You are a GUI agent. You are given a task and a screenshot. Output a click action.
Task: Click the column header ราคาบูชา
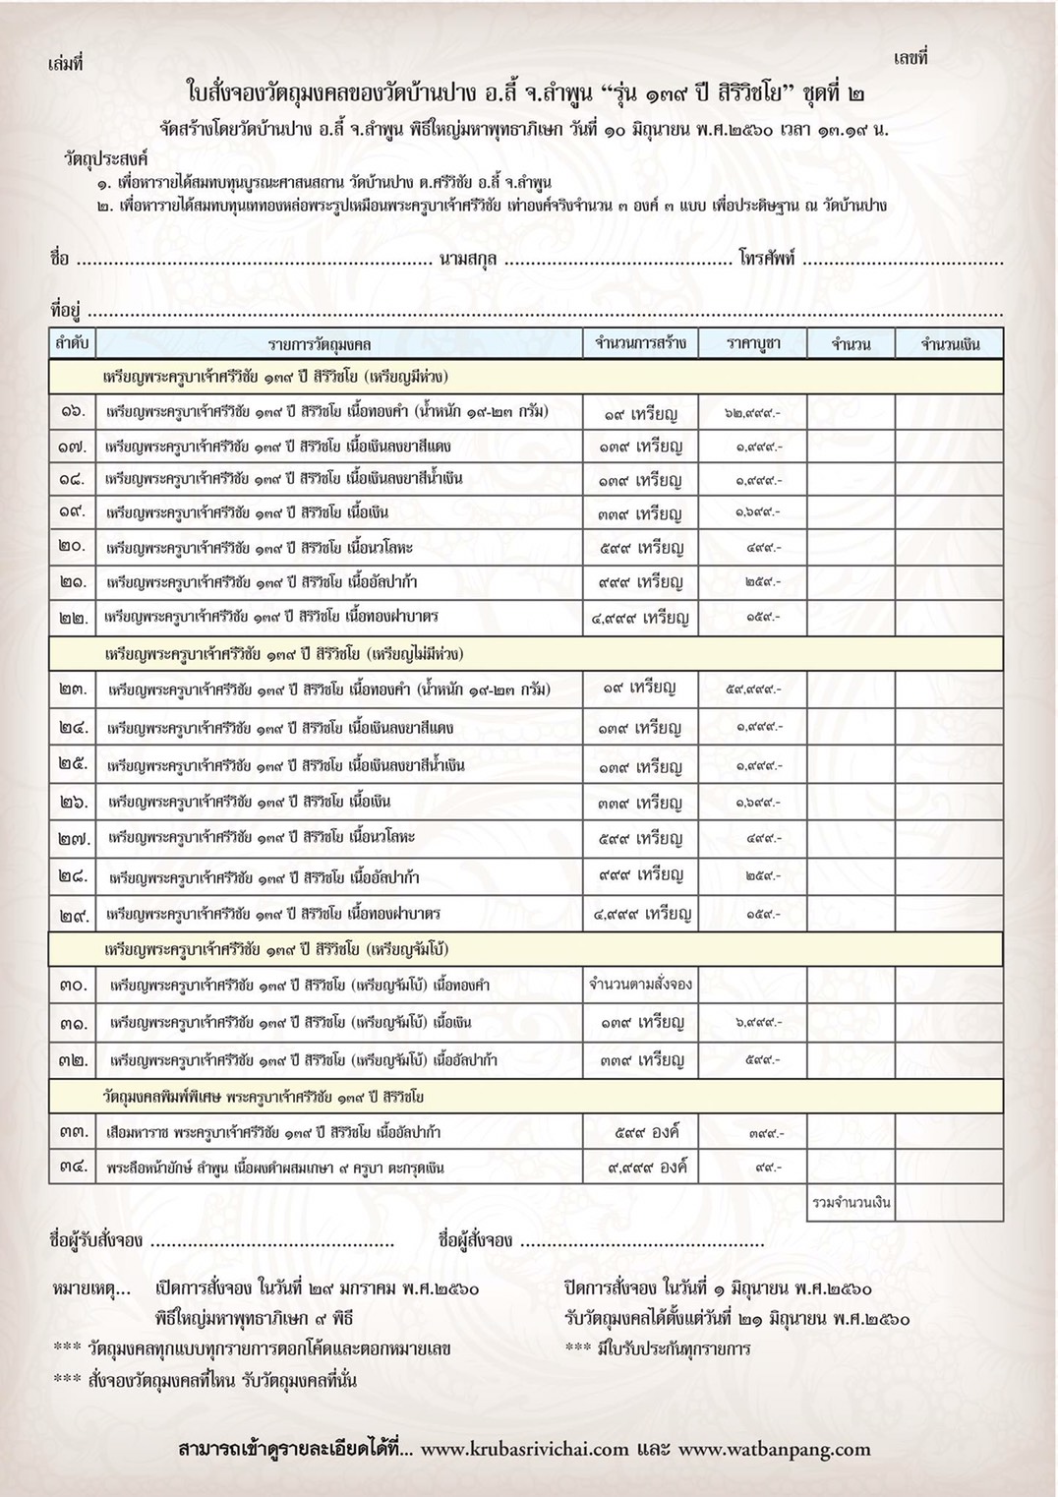coord(753,343)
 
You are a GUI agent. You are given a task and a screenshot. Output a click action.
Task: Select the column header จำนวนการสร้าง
coord(640,343)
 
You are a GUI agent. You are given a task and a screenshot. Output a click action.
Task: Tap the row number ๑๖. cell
coord(72,411)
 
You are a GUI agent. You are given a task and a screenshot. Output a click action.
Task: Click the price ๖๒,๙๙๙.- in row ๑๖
coord(752,413)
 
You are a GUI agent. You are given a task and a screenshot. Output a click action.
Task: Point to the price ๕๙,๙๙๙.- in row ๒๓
coord(752,689)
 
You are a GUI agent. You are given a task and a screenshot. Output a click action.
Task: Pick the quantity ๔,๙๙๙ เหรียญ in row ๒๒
coord(640,618)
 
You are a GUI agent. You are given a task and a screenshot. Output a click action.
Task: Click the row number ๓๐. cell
coord(72,985)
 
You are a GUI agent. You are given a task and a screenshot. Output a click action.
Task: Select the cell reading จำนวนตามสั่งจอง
coord(640,984)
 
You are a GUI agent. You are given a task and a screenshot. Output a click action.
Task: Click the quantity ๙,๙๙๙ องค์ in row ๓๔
coord(647,1168)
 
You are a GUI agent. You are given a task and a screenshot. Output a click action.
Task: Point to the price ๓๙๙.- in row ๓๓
coord(765,1133)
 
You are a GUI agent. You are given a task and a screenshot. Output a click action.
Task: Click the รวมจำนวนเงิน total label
coord(851,1203)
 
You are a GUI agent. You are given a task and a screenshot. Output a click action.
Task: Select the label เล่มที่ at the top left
coord(65,64)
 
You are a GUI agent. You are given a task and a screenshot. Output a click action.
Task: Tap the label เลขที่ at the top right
coord(911,58)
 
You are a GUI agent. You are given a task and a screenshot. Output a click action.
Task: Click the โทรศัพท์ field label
coord(767,260)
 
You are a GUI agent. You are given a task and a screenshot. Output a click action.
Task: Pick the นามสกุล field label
coord(468,260)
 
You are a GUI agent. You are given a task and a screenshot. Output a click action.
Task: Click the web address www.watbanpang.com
coord(774,1449)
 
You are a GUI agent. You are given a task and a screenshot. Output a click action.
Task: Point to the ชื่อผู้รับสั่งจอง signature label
coord(96,1240)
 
